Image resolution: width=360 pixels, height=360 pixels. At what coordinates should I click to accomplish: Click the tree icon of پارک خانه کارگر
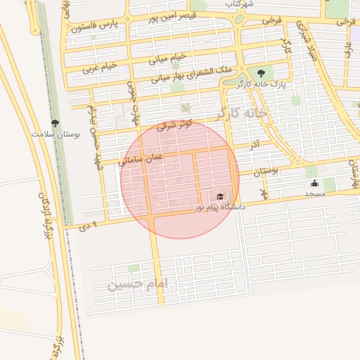pos(262,72)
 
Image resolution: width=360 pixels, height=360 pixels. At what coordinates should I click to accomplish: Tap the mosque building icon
pos(314,184)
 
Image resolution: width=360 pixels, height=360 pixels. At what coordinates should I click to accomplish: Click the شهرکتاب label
pos(238,4)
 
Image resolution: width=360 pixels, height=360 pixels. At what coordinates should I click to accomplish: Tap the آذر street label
pos(254,143)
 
